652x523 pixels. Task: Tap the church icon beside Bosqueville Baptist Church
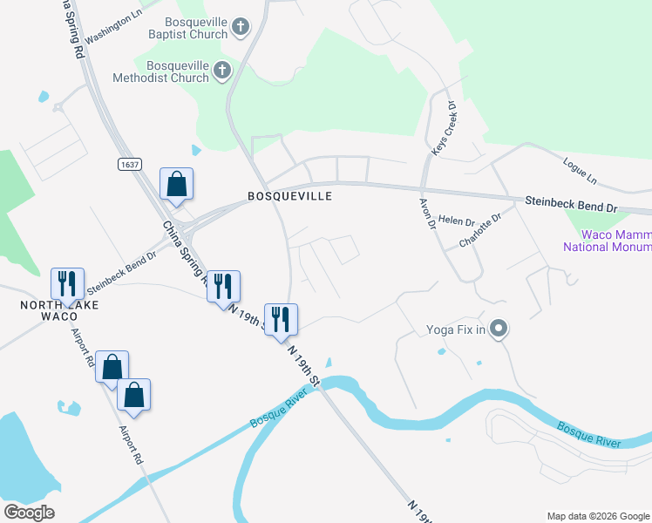tap(241, 27)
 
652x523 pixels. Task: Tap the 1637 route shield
tap(130, 164)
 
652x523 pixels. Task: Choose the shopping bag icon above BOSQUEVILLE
tap(176, 184)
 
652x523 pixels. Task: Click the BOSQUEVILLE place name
tap(289, 197)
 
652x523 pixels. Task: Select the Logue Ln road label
tap(581, 173)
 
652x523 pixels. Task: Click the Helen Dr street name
tap(456, 221)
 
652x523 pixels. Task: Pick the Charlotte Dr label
tap(481, 231)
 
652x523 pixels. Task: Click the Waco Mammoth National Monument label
tap(610, 241)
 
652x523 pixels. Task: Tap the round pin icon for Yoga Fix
tap(499, 329)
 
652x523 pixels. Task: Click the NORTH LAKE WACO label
tap(61, 310)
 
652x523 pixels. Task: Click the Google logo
tap(29, 513)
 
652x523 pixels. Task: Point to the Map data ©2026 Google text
tap(597, 516)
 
